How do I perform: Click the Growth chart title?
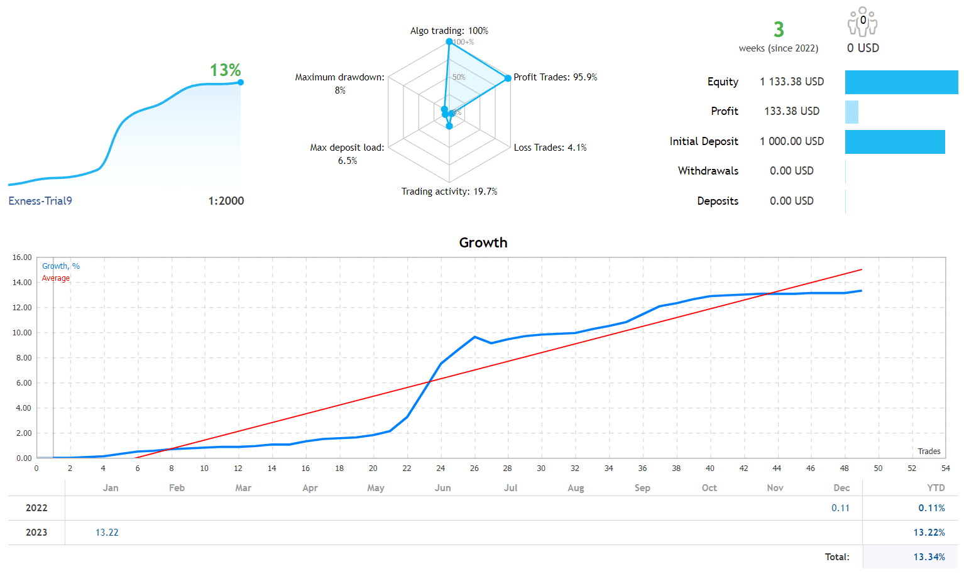pyautogui.click(x=483, y=242)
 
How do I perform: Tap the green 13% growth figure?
pyautogui.click(x=225, y=70)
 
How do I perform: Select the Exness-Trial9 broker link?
pyautogui.click(x=40, y=201)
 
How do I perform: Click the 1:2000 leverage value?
pyautogui.click(x=226, y=201)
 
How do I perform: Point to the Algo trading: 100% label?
pyautogui.click(x=449, y=31)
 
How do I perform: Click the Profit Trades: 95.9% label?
pyautogui.click(x=555, y=77)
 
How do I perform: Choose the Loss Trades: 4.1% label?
pyautogui.click(x=550, y=148)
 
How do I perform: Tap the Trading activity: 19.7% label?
pyautogui.click(x=449, y=192)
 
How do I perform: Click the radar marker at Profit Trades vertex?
pyautogui.click(x=508, y=79)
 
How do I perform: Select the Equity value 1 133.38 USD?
pyautogui.click(x=791, y=82)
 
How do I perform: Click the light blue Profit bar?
pyautogui.click(x=852, y=112)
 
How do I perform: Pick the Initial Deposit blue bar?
pyautogui.click(x=894, y=142)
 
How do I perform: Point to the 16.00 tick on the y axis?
pyautogui.click(x=22, y=257)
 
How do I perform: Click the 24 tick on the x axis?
pyautogui.click(x=441, y=468)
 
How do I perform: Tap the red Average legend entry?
pyautogui.click(x=56, y=278)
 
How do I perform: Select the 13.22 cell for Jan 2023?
pyautogui.click(x=107, y=533)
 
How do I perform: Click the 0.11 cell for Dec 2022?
pyautogui.click(x=840, y=508)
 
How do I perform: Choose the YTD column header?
pyautogui.click(x=936, y=488)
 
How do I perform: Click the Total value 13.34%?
pyautogui.click(x=929, y=557)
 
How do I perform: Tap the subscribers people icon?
pyautogui.click(x=862, y=22)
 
